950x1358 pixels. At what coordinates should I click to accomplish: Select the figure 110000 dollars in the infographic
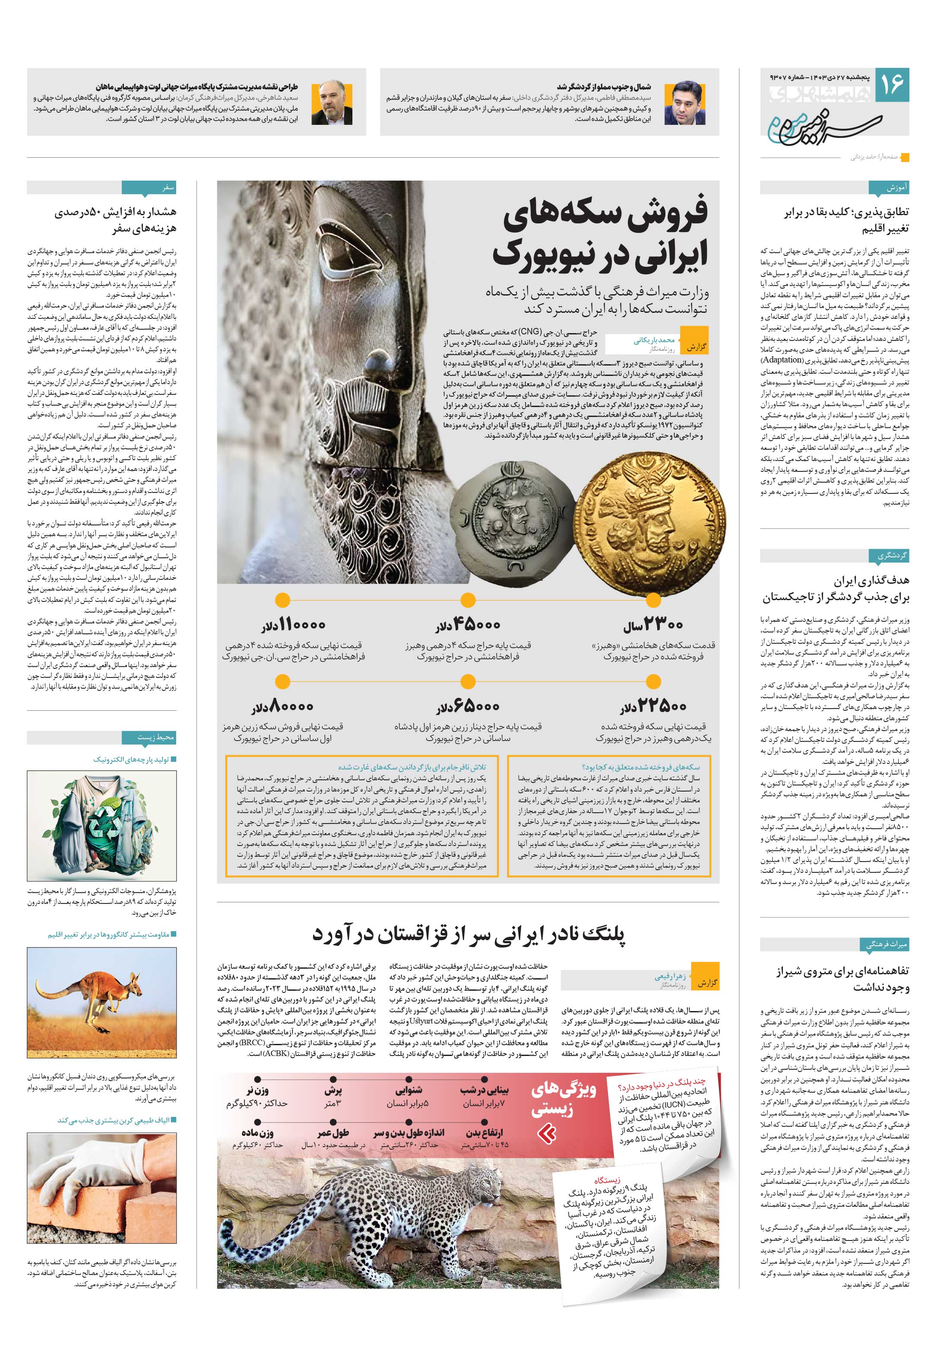[293, 625]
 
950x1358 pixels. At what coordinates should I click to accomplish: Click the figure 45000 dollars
[468, 625]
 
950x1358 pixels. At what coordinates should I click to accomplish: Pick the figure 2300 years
[652, 625]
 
